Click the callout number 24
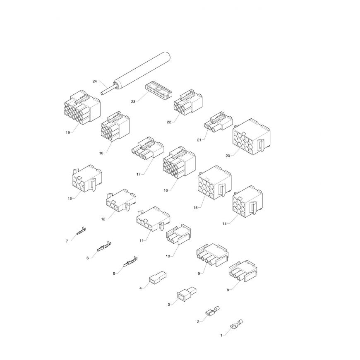95,81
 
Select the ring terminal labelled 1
236,324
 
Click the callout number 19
67,132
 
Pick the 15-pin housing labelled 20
252,137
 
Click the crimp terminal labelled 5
130,262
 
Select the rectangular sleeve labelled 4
158,277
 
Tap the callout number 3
169,305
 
